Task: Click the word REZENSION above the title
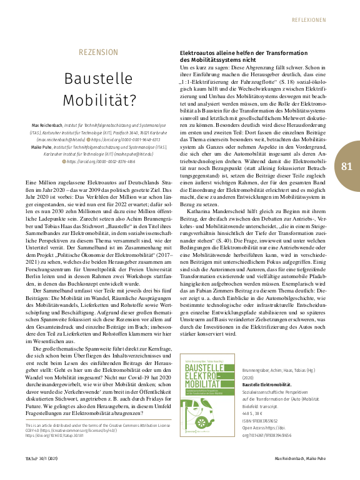click(x=98, y=51)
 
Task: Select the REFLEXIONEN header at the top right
click(x=318, y=20)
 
